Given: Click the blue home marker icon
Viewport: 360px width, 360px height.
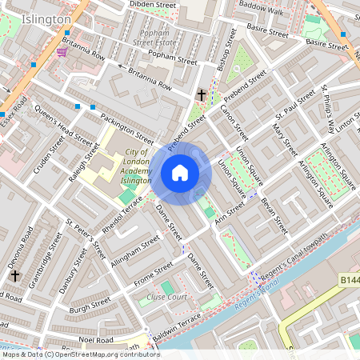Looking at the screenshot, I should (180, 172).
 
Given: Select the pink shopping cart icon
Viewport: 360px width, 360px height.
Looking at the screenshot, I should (62, 52).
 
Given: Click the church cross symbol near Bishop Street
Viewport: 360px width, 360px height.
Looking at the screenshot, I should (202, 95).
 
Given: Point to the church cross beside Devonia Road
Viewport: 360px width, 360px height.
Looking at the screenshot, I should (15, 275).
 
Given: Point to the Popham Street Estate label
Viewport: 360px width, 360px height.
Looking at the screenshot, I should (154, 35).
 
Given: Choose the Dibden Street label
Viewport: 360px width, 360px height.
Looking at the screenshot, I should (153, 5).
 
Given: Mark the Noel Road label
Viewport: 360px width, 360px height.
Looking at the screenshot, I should (95, 338).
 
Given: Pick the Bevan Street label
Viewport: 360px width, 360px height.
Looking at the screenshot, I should (275, 216).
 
